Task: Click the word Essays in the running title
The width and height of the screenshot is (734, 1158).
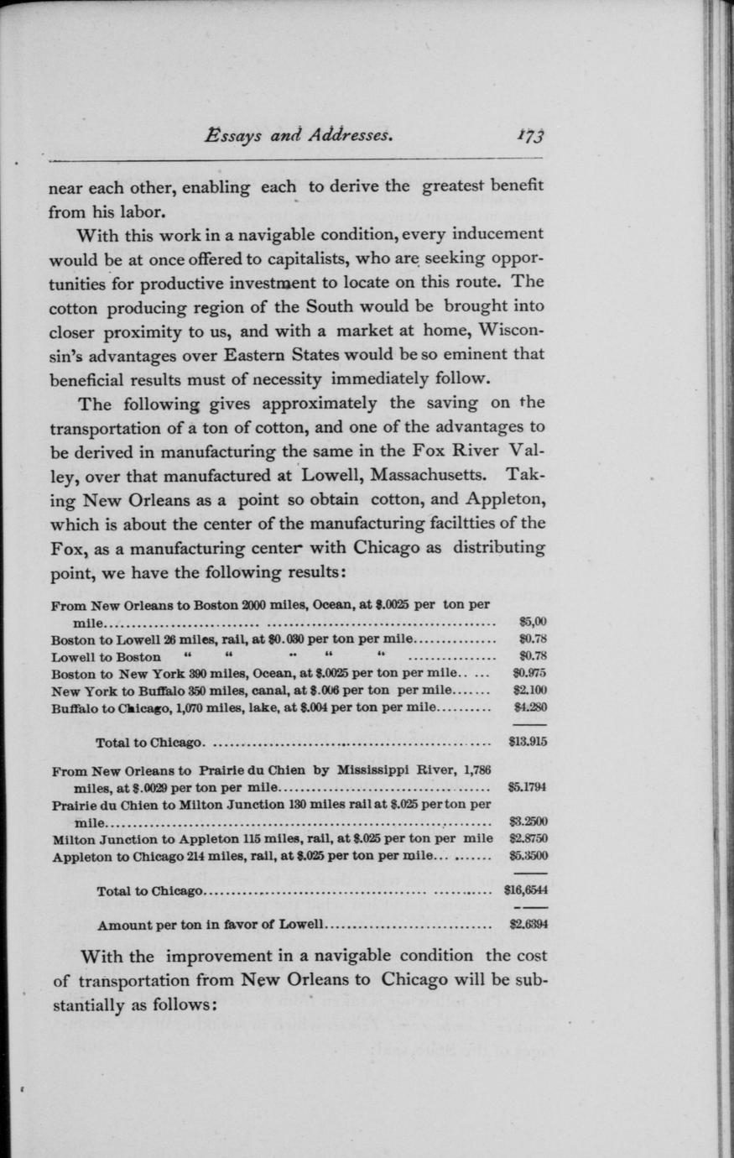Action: [x=237, y=135]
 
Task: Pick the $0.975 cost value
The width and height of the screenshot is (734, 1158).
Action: [x=529, y=673]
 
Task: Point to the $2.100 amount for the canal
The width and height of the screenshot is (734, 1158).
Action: [x=530, y=690]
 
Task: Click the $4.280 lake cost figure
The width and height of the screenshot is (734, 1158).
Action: [x=530, y=707]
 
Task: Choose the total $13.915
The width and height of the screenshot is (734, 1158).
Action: [x=528, y=743]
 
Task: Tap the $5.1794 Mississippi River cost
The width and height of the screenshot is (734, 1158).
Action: [x=528, y=788]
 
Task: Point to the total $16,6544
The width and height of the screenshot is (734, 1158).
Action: [x=526, y=891]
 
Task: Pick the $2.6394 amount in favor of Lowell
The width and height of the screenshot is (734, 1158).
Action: [x=528, y=926]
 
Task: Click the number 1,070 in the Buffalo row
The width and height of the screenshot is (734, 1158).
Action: [x=171, y=707]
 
